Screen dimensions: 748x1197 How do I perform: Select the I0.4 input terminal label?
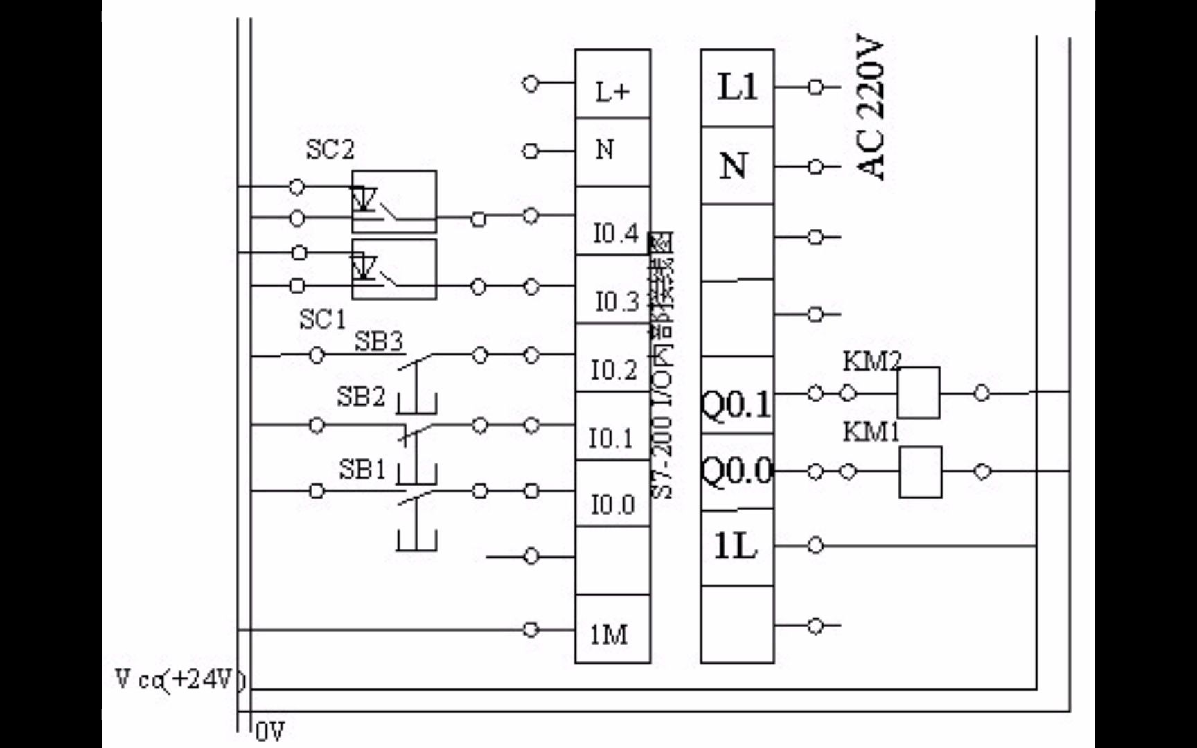pos(615,233)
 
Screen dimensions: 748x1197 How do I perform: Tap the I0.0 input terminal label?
pos(612,504)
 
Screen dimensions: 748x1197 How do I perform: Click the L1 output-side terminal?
pos(737,88)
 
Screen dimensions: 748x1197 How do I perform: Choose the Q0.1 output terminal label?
pos(736,404)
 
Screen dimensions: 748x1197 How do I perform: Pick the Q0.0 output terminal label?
pos(736,472)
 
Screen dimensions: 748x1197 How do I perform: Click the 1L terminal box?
pos(736,548)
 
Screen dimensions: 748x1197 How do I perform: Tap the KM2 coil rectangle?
pos(919,393)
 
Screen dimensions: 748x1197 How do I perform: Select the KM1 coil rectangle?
pos(920,472)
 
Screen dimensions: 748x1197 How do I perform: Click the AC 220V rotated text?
pos(870,109)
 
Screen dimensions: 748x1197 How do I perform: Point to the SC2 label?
pos(330,150)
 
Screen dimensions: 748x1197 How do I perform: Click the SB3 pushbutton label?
pos(379,341)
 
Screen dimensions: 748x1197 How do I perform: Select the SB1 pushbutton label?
pos(362,470)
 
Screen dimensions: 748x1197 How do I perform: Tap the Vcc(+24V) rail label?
pos(180,680)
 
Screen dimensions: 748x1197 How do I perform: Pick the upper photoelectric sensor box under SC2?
pos(394,202)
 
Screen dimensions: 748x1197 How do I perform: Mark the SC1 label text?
pos(322,320)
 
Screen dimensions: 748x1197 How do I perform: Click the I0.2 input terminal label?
pos(614,370)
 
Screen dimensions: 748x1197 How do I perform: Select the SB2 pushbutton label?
pos(360,397)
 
